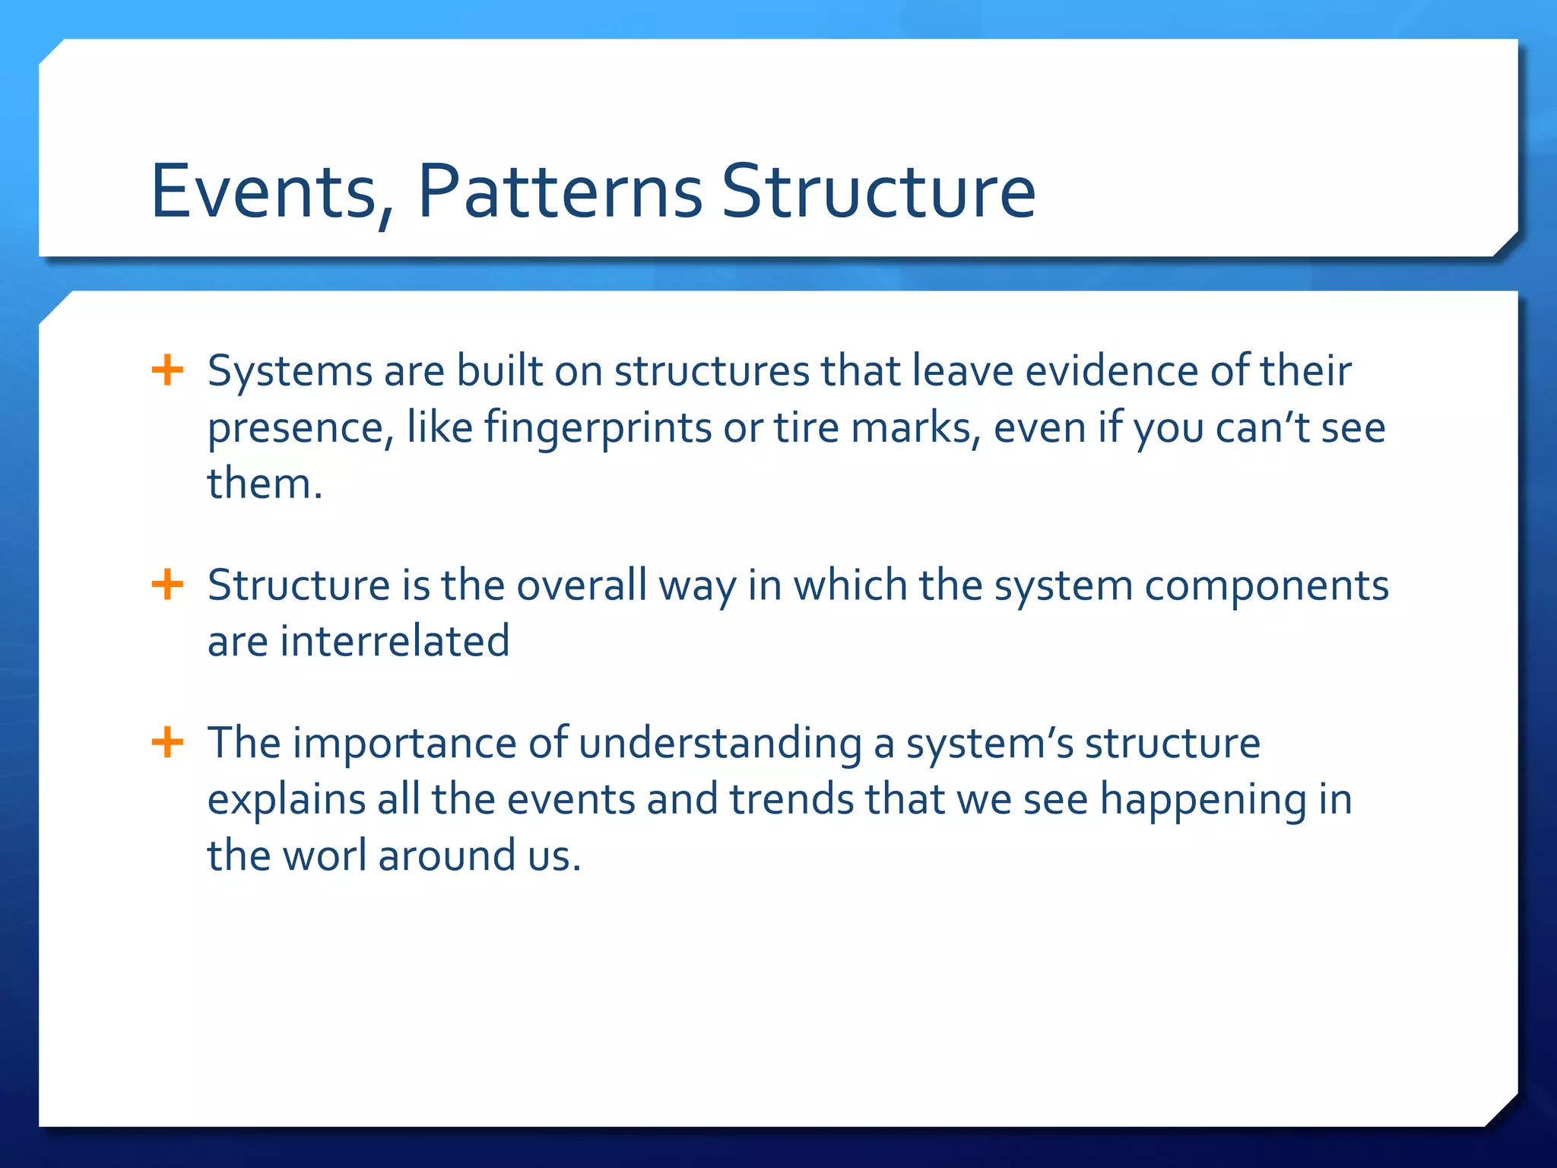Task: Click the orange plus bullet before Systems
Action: (x=167, y=371)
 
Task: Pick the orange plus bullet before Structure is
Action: (x=167, y=586)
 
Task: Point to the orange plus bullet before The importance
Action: (x=167, y=742)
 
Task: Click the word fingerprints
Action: (x=598, y=429)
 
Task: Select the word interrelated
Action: (x=395, y=641)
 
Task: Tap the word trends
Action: (x=791, y=799)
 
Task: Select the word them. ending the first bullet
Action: (x=265, y=484)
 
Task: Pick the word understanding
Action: (x=720, y=744)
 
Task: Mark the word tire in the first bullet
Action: (x=807, y=427)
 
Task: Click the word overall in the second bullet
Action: (x=582, y=586)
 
